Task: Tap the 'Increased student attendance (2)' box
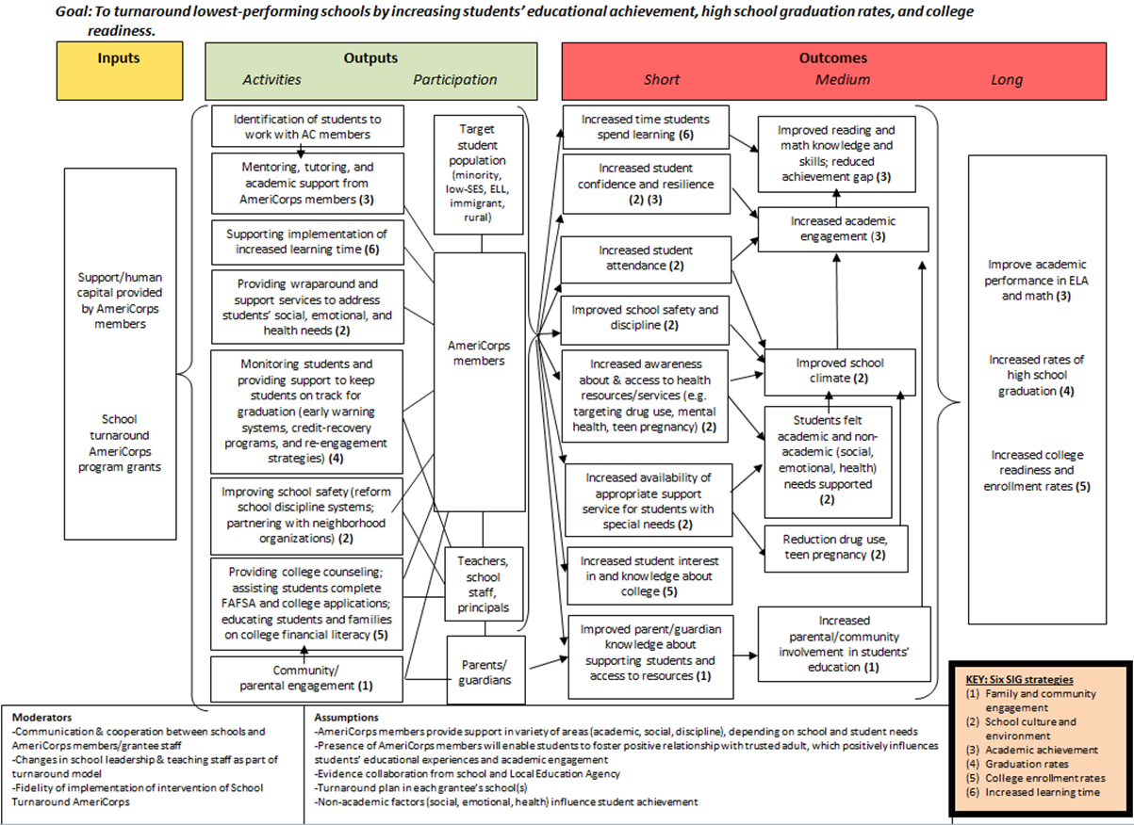tap(646, 258)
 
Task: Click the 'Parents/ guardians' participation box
tap(486, 669)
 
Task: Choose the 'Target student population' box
tap(482, 174)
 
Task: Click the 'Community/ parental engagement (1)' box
tap(304, 678)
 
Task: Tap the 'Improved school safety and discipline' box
tap(646, 317)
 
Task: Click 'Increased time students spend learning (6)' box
tap(646, 127)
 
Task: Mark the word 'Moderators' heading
tap(42, 717)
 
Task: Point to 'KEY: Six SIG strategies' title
tap(1020, 679)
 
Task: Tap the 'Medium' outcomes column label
tap(842, 80)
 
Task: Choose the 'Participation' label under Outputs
tap(454, 80)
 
